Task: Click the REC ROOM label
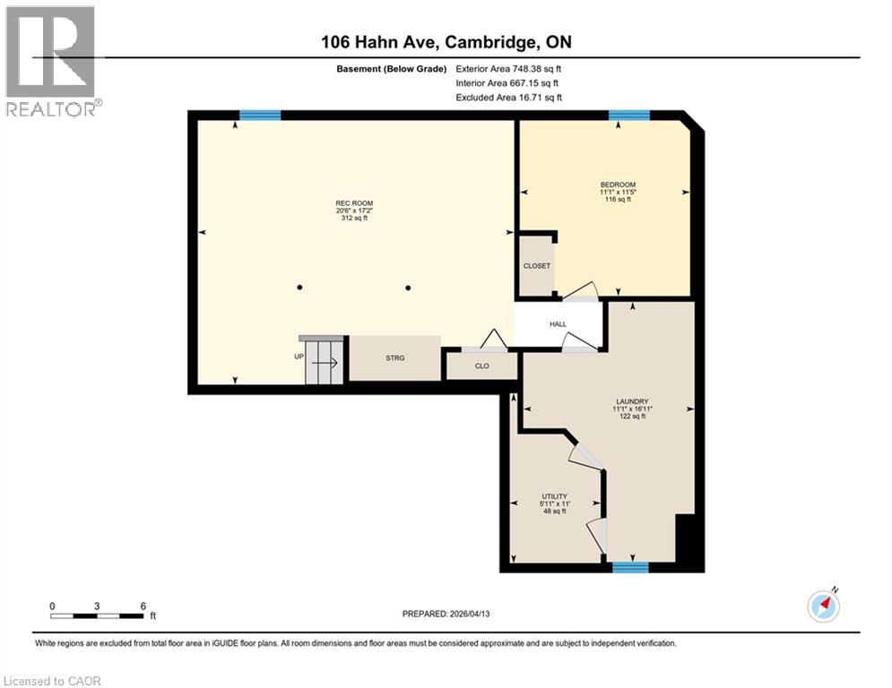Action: (352, 203)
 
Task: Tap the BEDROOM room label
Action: (618, 185)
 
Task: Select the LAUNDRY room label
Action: (632, 401)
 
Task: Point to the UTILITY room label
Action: (554, 497)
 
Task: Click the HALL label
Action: (559, 324)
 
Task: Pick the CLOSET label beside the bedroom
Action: (537, 266)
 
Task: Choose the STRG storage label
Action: (395, 358)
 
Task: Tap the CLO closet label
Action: (481, 365)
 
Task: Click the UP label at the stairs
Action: (299, 357)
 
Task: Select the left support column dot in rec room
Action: (299, 288)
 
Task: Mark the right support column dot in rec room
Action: (408, 288)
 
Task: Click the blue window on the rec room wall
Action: (260, 115)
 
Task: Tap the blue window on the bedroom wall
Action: (629, 115)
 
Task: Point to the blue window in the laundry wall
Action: (630, 567)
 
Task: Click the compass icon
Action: (823, 606)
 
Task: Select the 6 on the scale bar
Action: (143, 606)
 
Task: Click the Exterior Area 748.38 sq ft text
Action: (508, 68)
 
